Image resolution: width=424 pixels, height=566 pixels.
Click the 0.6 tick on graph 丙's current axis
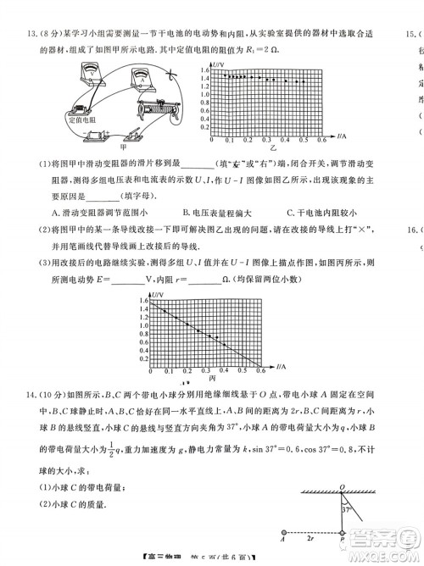(259, 371)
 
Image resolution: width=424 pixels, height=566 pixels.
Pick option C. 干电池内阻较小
(324, 212)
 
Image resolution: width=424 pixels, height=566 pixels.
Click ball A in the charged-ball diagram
(281, 535)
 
